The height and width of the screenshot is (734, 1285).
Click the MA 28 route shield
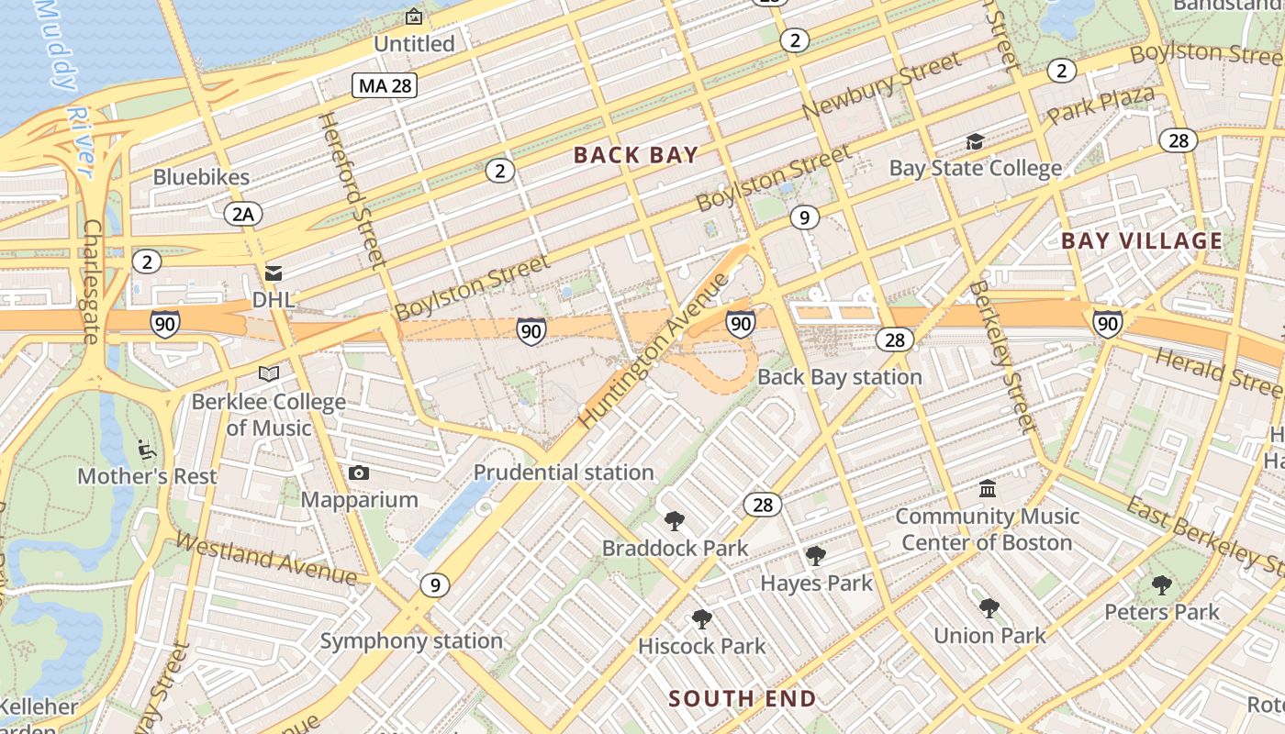385,86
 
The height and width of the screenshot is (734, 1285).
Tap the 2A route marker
243,215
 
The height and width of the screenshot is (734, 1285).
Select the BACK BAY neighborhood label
636,155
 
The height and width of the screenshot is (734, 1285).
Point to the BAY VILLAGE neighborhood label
1142,241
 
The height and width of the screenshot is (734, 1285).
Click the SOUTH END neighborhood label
742,699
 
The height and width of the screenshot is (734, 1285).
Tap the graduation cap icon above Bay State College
974,142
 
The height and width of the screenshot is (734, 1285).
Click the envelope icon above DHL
273,273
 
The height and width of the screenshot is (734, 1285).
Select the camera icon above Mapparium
359,473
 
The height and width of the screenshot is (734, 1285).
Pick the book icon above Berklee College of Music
268,374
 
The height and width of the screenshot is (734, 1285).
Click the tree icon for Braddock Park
675,521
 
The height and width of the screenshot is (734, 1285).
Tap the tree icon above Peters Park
1161,584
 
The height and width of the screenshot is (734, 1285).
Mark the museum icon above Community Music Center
988,488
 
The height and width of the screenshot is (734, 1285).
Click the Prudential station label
564,473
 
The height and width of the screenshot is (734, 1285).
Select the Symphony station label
411,640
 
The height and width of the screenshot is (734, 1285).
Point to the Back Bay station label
839,377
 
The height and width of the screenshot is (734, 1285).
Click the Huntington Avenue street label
654,363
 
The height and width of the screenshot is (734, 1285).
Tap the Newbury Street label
881,84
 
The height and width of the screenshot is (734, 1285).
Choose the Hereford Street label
352,189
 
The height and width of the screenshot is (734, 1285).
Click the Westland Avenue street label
265,558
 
